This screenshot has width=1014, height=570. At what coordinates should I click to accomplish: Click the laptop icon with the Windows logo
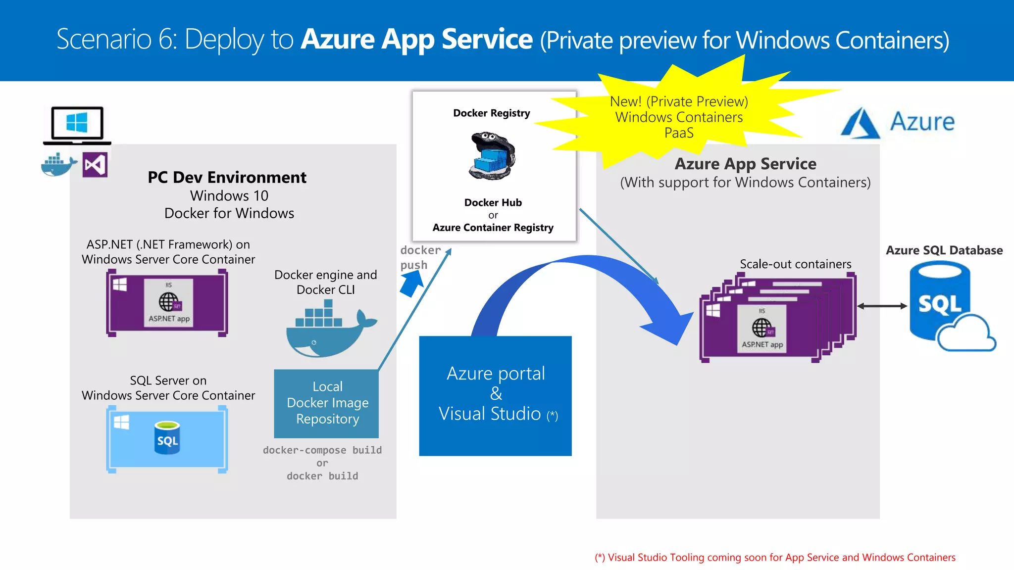(77, 125)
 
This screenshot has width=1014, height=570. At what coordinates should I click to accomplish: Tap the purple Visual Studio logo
(95, 165)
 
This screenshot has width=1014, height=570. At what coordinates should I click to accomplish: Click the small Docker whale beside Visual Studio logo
(58, 165)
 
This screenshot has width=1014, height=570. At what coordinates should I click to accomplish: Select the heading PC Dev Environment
(227, 177)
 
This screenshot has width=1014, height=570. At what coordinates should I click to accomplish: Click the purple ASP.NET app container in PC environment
(167, 303)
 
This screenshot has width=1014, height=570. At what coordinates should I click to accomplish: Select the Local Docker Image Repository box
(327, 403)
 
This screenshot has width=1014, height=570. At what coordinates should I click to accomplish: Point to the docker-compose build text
(322, 450)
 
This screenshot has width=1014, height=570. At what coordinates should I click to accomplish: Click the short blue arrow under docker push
(411, 284)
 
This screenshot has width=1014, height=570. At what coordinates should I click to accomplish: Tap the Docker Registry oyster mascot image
(492, 156)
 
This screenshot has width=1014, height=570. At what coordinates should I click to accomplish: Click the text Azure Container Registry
(493, 228)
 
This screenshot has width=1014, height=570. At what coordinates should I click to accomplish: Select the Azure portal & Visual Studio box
(495, 396)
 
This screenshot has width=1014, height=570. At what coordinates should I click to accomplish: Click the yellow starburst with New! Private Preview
(678, 117)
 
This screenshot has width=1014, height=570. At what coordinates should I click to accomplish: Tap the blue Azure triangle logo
(861, 124)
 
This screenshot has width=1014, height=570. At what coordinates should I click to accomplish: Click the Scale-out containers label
(795, 264)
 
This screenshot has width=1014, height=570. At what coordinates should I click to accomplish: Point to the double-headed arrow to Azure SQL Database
(882, 306)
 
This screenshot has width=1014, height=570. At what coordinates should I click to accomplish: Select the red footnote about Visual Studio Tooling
(775, 558)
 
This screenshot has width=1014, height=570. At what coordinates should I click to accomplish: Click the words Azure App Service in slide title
(417, 40)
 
